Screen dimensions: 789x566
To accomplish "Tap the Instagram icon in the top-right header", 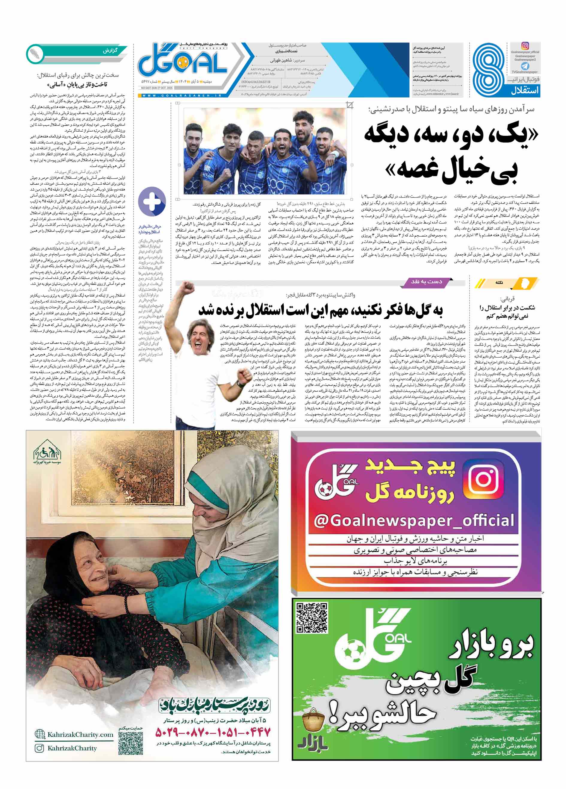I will (525, 46).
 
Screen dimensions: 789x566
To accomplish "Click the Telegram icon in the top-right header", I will (525, 66).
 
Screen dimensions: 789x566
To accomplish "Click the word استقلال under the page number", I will (525, 91).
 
